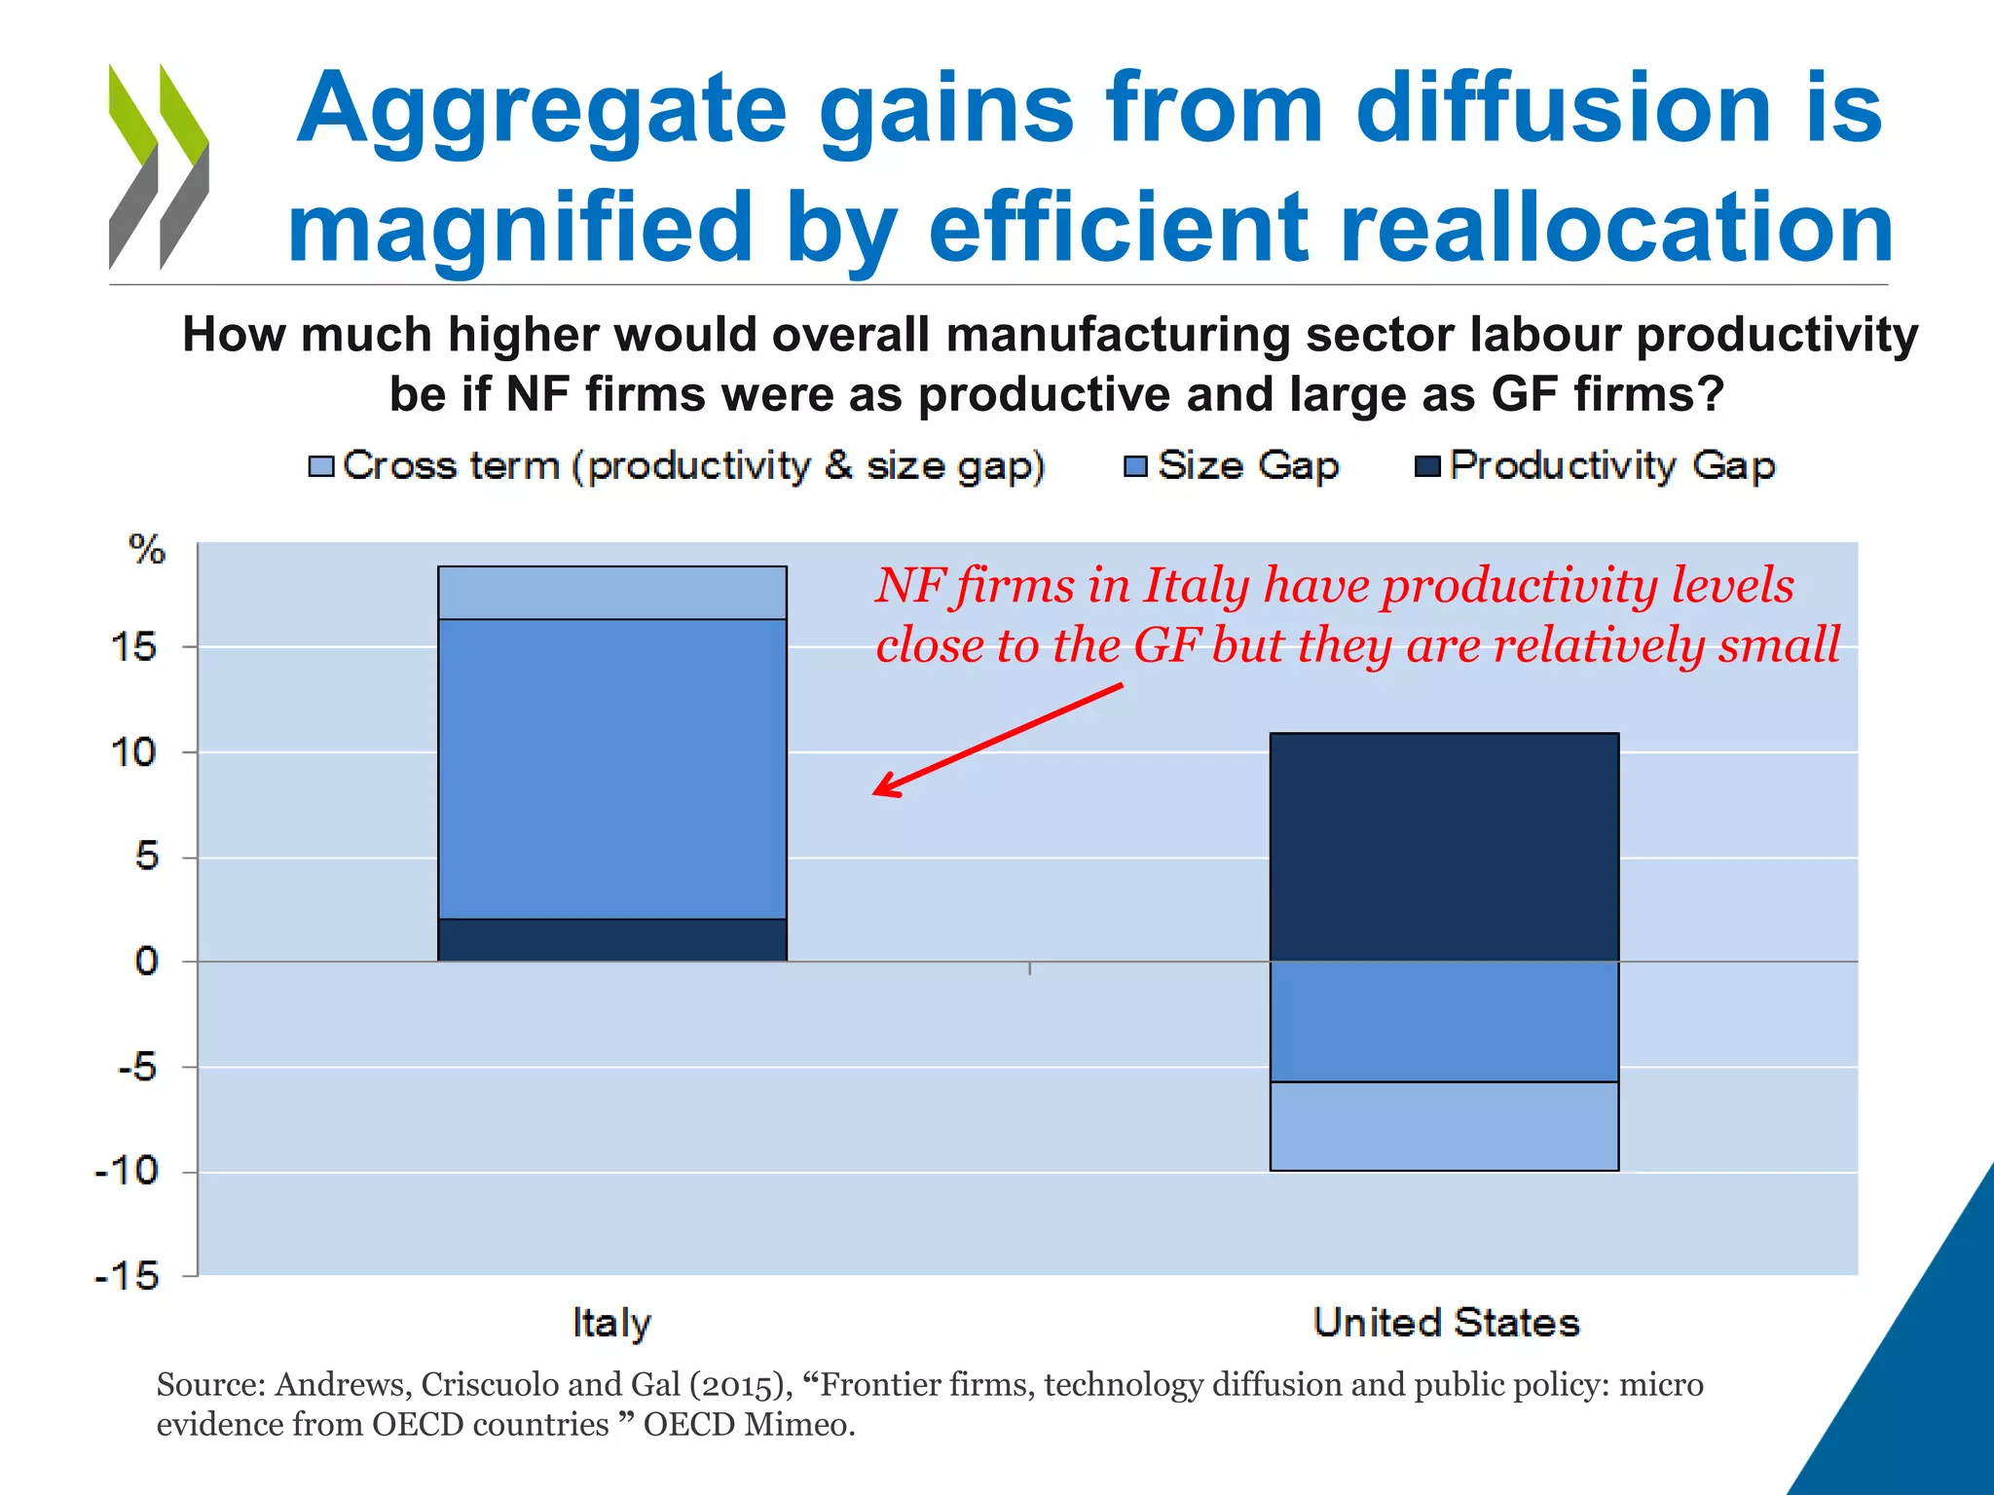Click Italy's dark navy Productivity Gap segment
pos(611,939)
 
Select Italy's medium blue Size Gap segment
pos(611,769)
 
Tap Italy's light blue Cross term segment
pos(611,593)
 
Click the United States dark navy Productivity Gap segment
pos(1444,847)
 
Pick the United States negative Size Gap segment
pos(1444,1021)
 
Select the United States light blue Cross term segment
pos(1444,1126)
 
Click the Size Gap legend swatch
pos(1135,466)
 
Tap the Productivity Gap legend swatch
pos(1427,466)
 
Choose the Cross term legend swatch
pos(320,466)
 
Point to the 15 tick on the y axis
pos(134,647)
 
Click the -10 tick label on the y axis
pos(127,1171)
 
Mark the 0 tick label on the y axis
pos(146,962)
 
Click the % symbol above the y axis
pos(147,550)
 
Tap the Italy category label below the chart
pos(611,1323)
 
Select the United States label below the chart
pos(1446,1323)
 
